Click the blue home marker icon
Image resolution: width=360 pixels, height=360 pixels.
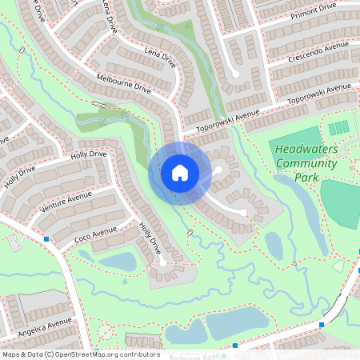pos(180,172)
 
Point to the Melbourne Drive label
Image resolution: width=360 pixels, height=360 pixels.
pos(123,84)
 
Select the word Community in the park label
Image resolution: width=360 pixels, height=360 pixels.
pos(306,163)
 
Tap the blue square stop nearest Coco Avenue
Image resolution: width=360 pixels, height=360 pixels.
pos(46,238)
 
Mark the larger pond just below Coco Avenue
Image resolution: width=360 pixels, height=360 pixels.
pos(118,261)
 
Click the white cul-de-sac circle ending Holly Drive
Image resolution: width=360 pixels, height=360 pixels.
pos(162,262)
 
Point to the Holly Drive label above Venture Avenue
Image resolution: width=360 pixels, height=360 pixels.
pos(88,154)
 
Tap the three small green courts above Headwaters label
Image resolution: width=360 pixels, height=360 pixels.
pos(339,127)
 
